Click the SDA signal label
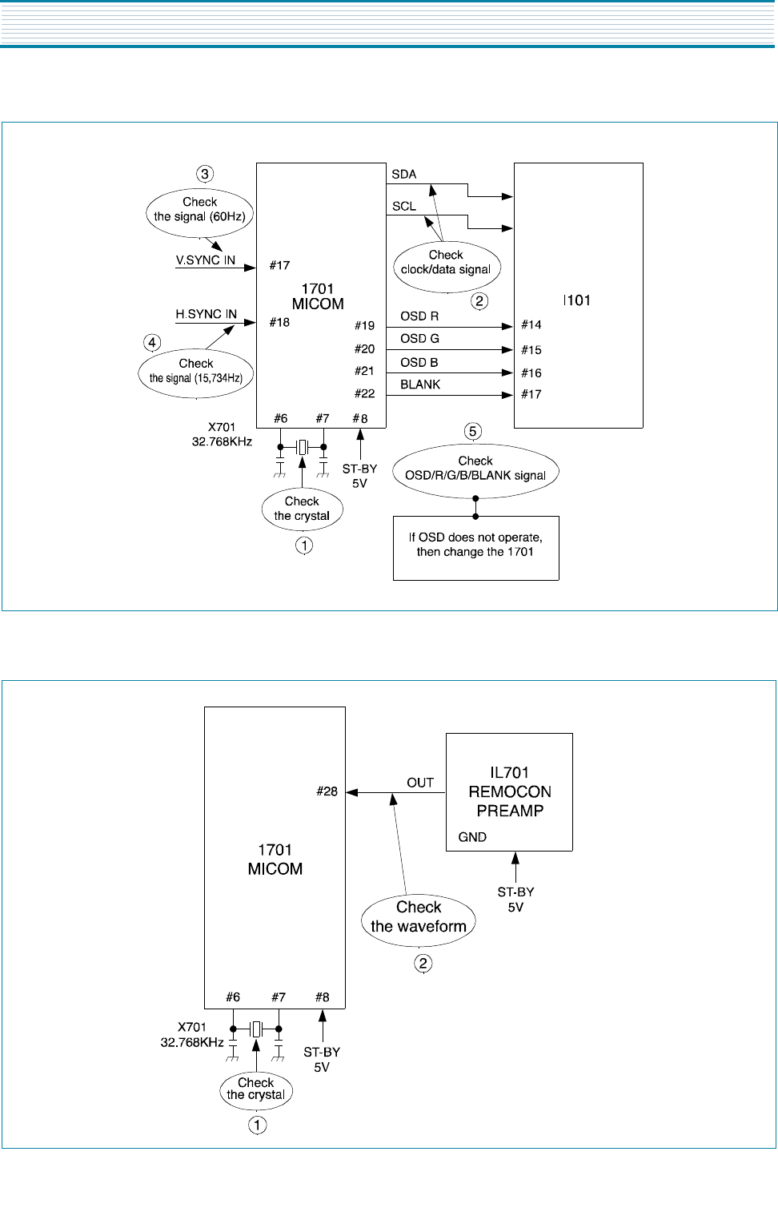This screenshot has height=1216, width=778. [x=403, y=175]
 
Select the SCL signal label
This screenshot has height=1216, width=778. [x=403, y=207]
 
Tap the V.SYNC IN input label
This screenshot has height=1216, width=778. [x=206, y=260]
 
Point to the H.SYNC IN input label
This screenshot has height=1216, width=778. [x=206, y=314]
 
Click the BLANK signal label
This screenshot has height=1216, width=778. [x=420, y=385]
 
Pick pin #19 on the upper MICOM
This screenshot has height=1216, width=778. [x=365, y=326]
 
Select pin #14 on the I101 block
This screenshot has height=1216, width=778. [x=531, y=324]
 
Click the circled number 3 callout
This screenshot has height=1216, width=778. [x=205, y=174]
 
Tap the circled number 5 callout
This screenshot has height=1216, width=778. [x=473, y=432]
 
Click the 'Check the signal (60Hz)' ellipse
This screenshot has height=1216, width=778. [x=200, y=211]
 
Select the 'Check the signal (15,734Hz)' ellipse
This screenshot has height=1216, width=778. [x=196, y=373]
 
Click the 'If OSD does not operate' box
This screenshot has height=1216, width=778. [x=475, y=548]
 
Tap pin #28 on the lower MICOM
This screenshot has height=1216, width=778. [x=327, y=791]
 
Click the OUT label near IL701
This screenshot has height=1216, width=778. [x=420, y=783]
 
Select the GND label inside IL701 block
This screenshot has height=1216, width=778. [x=472, y=837]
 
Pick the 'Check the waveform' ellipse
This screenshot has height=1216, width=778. [x=419, y=919]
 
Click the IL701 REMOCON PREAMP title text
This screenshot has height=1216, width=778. [x=510, y=791]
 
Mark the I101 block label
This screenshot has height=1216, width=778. [x=576, y=300]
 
